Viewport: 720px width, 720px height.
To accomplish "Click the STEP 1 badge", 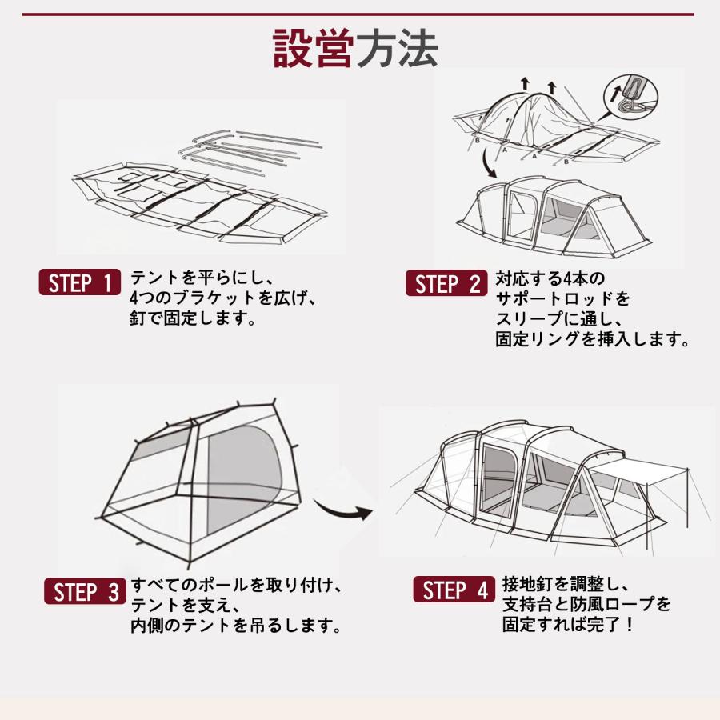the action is tap(79, 282).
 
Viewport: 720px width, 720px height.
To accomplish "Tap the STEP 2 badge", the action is tap(446, 283).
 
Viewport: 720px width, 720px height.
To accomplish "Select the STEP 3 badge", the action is tap(85, 591).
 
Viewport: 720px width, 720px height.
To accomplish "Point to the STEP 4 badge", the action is tap(454, 589).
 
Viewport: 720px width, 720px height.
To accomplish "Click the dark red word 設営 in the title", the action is tap(314, 49).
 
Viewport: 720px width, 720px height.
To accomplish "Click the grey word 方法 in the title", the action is tap(397, 49).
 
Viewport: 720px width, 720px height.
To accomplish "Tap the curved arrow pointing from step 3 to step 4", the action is tap(342, 509).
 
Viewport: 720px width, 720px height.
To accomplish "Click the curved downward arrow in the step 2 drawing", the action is tap(486, 164).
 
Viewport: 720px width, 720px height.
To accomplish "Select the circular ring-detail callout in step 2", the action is tap(631, 98).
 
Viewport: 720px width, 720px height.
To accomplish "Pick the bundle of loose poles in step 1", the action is tap(250, 150).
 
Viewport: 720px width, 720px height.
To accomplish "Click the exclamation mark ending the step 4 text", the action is tap(629, 625).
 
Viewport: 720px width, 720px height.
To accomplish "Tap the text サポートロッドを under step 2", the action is tap(562, 298).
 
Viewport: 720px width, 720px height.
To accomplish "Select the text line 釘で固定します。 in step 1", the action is tap(193, 318).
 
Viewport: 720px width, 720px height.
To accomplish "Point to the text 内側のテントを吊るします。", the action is tap(236, 626).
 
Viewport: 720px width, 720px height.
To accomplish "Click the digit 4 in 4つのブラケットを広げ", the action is tap(134, 298).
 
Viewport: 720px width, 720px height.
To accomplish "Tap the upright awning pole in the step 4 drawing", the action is tap(687, 498).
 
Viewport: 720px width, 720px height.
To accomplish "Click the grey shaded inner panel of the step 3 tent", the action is tap(244, 478).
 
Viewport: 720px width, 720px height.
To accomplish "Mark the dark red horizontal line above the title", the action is tap(358, 14).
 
